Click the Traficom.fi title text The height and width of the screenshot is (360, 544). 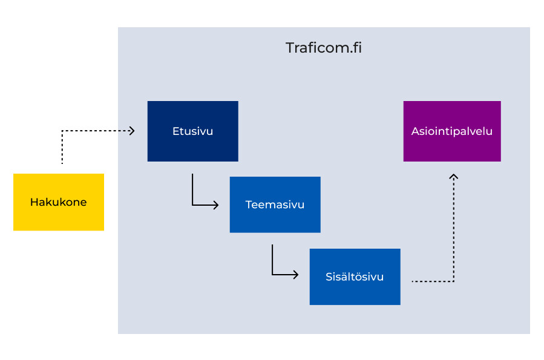click(324, 48)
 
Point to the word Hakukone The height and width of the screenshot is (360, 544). click(58, 202)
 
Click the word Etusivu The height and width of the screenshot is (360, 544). click(192, 131)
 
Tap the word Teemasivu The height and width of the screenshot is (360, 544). click(275, 205)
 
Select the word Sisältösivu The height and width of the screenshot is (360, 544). click(355, 277)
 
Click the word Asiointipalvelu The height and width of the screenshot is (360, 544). click(452, 131)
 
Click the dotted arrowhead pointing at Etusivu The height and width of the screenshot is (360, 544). click(131, 130)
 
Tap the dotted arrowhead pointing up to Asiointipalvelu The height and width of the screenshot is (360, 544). click(454, 177)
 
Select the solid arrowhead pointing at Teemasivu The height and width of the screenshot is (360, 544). click(215, 205)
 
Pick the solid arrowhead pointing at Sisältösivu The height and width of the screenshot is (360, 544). click(295, 275)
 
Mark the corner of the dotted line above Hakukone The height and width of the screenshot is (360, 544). click(62, 130)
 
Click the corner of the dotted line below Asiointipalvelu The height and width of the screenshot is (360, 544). click(454, 281)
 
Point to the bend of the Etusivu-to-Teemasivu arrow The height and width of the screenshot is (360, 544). click(192, 205)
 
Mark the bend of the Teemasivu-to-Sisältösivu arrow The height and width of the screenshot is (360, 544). click(272, 275)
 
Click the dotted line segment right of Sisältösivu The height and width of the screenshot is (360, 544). click(431, 281)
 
